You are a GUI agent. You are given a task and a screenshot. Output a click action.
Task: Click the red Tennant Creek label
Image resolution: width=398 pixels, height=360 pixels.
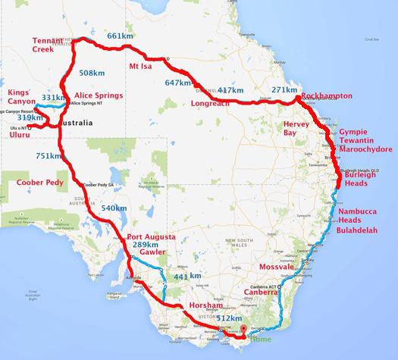click(x=49, y=45)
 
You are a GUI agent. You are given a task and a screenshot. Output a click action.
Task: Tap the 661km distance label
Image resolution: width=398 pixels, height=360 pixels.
click(x=121, y=36)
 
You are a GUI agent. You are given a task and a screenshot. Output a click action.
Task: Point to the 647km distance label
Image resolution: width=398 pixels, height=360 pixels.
click(x=178, y=83)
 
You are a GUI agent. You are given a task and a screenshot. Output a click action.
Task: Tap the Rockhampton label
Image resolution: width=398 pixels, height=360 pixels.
click(x=327, y=96)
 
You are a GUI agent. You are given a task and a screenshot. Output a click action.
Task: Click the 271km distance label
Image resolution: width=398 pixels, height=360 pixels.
click(x=284, y=90)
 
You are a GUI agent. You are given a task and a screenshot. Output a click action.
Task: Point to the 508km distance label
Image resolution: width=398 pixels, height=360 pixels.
click(x=92, y=74)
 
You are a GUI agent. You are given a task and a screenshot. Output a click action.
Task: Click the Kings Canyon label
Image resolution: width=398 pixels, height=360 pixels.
click(x=22, y=97)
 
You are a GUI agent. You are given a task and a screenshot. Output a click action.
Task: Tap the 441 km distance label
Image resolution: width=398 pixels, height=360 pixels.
click(x=186, y=277)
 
